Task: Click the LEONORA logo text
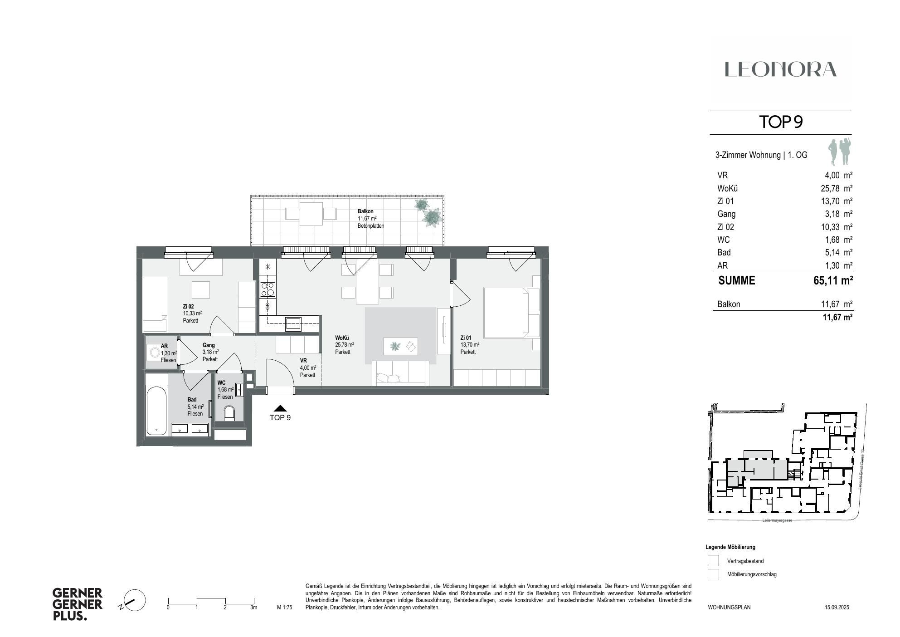coord(780,69)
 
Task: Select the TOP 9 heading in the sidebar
coord(781,122)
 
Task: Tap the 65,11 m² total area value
coord(833,281)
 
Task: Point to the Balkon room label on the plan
coord(365,211)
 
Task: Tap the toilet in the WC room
coord(229,413)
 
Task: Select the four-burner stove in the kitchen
coord(268,289)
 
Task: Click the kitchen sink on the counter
coord(293,323)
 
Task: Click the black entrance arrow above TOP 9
coord(280,408)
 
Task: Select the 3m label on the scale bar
coord(253,608)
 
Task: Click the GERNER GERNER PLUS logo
coord(78,604)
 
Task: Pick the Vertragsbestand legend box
coord(713,561)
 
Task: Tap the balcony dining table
coord(311,213)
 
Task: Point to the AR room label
coord(164,346)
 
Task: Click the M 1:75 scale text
coord(284,608)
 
